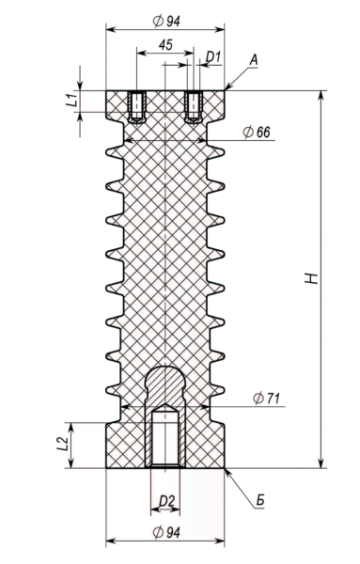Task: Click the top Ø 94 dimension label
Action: [165, 21]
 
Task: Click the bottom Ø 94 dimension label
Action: [165, 532]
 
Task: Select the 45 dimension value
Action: [165, 44]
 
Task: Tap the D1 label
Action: [213, 56]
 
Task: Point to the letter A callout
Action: [254, 60]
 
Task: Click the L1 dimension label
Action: [72, 100]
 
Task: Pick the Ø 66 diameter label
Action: [257, 132]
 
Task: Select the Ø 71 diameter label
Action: [267, 399]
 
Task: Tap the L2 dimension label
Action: [62, 445]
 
